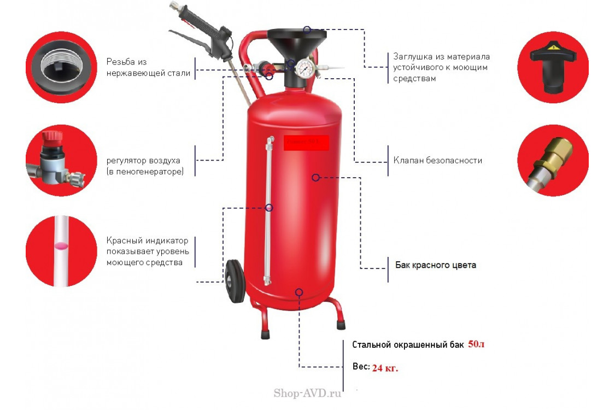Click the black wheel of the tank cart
tap(234, 280)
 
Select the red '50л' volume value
tap(476, 344)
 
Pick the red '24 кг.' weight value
tap(385, 368)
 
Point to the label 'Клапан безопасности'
tap(437, 161)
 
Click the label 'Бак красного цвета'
tap(435, 265)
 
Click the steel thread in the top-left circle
tap(61, 67)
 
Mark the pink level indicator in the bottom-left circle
tap(61, 247)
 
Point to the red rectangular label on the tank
tap(306, 143)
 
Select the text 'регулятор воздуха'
tap(143, 161)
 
